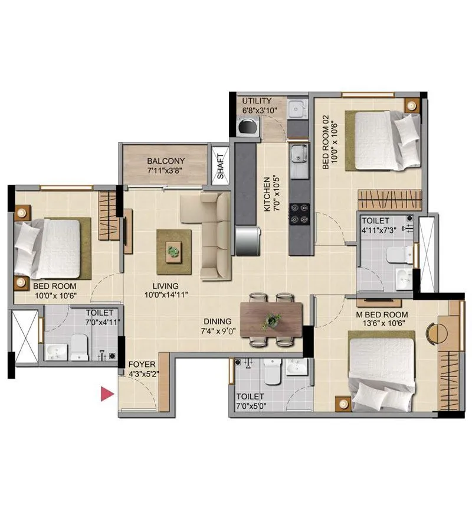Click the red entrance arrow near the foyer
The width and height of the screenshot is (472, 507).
106,394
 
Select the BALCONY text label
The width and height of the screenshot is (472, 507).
166,161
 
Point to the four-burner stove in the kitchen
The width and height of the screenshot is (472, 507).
299,214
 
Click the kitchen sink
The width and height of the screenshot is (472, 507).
299,156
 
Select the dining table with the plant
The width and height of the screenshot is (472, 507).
271,320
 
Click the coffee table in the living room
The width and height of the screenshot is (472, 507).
173,251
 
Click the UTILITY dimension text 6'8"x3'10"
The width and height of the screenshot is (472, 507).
260,110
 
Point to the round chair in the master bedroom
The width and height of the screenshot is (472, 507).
437,332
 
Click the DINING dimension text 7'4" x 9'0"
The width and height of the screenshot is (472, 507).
218,331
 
